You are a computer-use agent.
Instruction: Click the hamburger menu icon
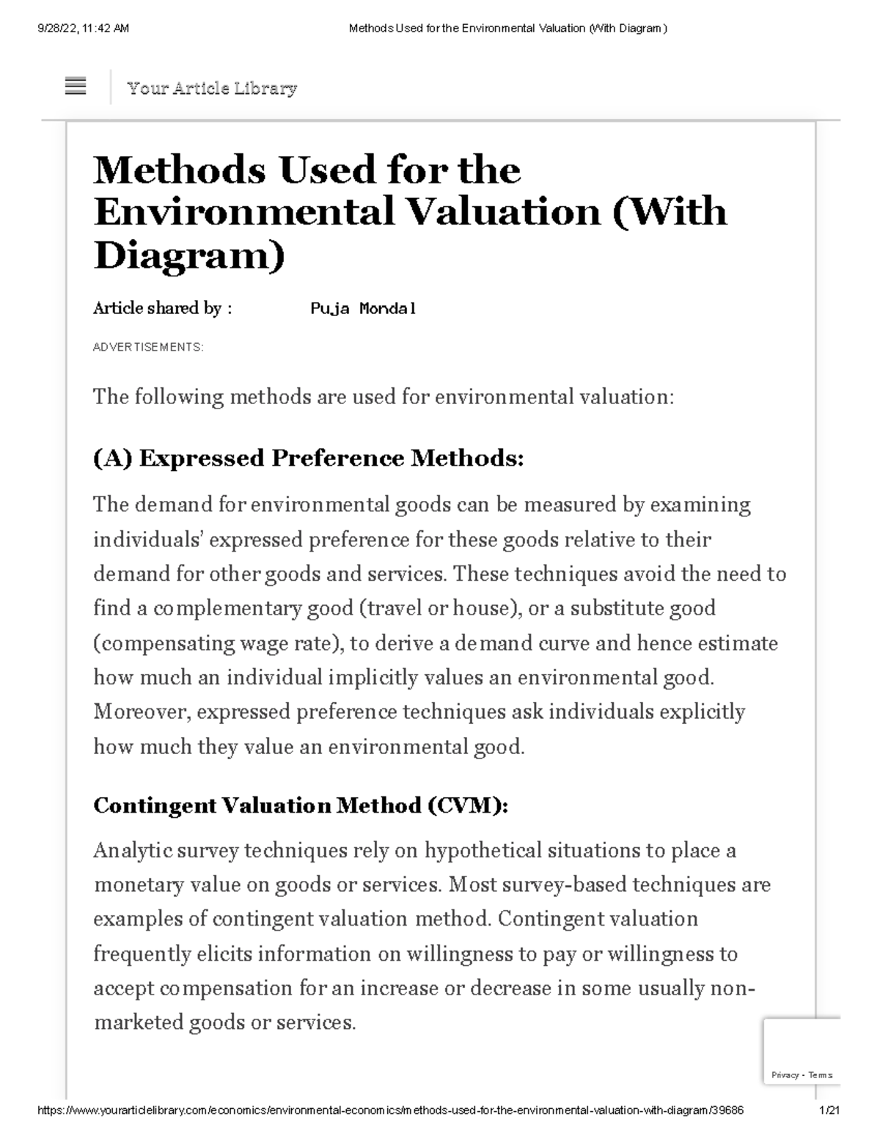[76, 87]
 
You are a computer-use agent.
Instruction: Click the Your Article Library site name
[211, 89]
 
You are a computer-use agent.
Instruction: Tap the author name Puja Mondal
[363, 309]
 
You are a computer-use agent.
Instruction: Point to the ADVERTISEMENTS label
[148, 347]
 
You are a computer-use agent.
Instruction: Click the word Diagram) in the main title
[188, 254]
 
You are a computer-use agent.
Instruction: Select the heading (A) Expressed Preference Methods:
[309, 458]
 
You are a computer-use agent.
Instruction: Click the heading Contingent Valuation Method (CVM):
[301, 806]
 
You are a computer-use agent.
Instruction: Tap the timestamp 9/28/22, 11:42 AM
[83, 29]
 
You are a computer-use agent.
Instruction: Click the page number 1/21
[829, 1110]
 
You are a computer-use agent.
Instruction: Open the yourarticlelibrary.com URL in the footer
[390, 1110]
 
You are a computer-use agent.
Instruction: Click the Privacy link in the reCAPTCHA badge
[785, 1075]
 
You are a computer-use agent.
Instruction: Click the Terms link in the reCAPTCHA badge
[820, 1075]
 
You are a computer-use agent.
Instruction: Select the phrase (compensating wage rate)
[219, 643]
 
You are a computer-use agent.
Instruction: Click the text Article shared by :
[162, 309]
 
